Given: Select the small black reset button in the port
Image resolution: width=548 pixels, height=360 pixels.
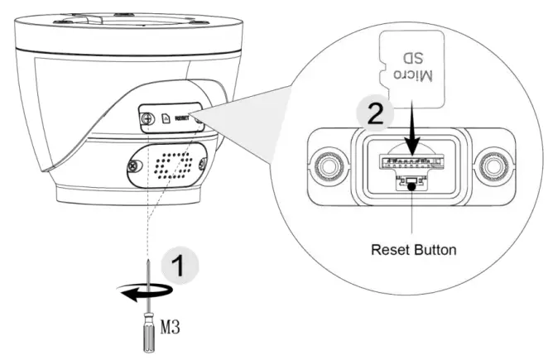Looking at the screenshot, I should point(410,184).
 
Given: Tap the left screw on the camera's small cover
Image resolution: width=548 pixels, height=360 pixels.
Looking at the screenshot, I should point(148,118).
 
